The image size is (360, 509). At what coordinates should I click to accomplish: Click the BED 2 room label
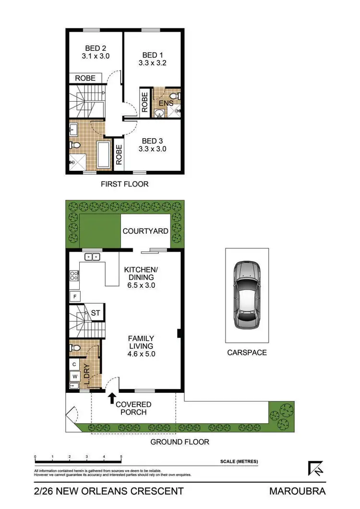(x=96, y=48)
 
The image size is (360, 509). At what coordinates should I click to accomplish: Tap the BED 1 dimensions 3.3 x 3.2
(x=152, y=63)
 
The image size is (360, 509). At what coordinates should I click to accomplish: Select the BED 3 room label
(x=152, y=141)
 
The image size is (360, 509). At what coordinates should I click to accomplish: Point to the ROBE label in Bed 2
(x=85, y=78)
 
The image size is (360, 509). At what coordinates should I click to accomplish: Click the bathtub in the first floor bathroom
(x=103, y=154)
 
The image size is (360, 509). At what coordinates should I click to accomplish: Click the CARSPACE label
(x=247, y=353)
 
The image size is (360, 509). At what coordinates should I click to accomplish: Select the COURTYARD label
(x=145, y=231)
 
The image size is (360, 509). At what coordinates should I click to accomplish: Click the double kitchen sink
(x=92, y=257)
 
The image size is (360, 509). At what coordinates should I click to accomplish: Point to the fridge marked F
(x=75, y=296)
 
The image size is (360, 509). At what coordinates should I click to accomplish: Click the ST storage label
(x=95, y=313)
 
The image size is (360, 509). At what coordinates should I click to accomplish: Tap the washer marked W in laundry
(x=75, y=376)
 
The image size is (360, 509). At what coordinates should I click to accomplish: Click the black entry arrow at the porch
(x=112, y=397)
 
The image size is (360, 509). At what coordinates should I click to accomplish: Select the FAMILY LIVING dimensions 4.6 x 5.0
(x=141, y=354)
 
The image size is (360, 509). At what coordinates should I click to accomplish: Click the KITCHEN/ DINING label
(x=139, y=273)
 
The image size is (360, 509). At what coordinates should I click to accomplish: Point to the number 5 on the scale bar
(x=121, y=457)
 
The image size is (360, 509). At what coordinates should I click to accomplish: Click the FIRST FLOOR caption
(x=124, y=184)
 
